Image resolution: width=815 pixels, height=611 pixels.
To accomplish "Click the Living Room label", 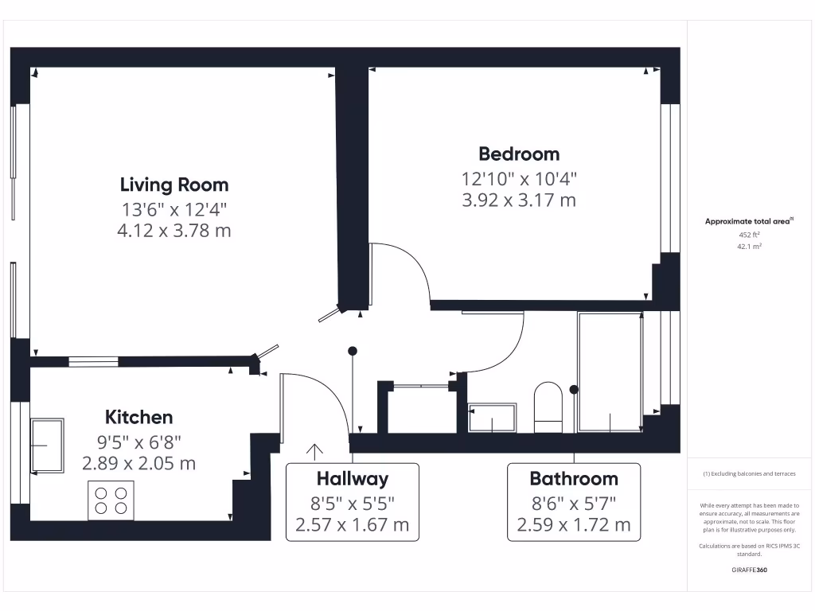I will (x=174, y=185).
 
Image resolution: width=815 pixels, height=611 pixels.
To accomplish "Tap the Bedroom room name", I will (x=518, y=154).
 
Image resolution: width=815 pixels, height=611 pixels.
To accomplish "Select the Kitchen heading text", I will (x=138, y=417).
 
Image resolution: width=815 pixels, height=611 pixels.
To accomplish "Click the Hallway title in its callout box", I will (x=352, y=478).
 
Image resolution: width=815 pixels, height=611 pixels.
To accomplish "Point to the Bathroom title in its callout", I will (x=573, y=478).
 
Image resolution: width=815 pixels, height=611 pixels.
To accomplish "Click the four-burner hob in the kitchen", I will (x=111, y=500).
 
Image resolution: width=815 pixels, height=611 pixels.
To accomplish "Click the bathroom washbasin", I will (x=492, y=418).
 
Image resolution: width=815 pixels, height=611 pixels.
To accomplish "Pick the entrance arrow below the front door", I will (x=314, y=452).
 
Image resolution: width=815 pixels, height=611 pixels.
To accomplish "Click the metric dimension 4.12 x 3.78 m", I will (x=174, y=231).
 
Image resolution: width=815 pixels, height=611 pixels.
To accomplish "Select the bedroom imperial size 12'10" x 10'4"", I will (x=518, y=178).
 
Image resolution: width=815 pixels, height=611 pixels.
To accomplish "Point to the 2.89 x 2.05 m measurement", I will (x=138, y=463).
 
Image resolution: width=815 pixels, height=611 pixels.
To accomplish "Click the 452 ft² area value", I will (x=749, y=235).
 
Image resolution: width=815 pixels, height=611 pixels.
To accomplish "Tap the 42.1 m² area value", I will (x=749, y=247).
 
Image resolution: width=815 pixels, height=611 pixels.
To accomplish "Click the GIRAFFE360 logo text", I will (x=749, y=570).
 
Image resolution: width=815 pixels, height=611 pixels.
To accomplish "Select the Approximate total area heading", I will (x=747, y=221).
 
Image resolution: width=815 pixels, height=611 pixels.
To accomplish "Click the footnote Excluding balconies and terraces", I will (x=749, y=473).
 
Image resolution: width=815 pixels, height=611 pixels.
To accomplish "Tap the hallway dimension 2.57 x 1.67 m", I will (x=352, y=525).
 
